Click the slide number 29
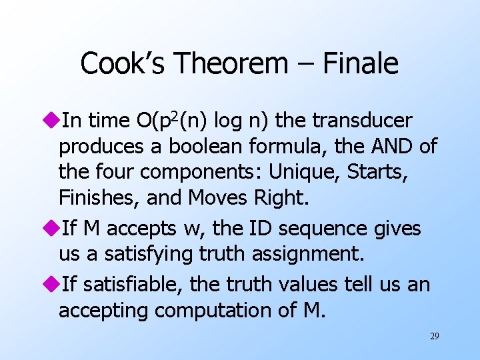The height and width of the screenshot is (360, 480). click(434, 337)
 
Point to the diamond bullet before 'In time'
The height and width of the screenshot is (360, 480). click(53, 121)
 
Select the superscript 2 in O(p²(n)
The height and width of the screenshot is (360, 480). click(175, 115)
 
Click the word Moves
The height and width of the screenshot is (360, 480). click(216, 198)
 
